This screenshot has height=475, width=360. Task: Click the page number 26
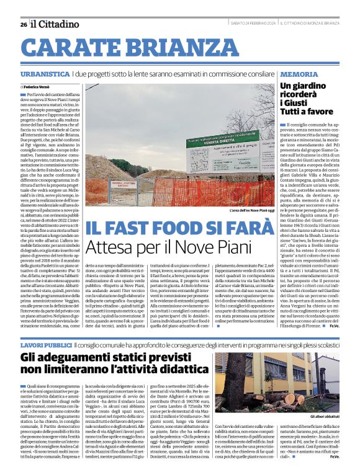pos(23,24)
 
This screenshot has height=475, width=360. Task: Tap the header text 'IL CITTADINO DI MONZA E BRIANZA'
pos(308,24)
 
